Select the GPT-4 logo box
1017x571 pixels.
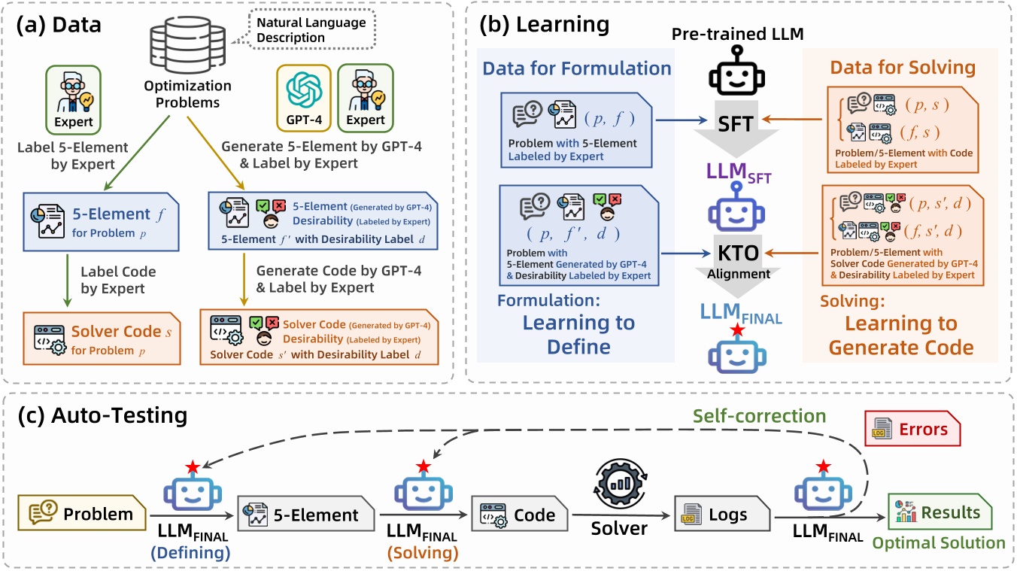point(304,96)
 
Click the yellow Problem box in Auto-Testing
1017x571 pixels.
point(84,515)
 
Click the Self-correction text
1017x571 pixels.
point(759,415)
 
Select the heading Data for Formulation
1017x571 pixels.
point(577,68)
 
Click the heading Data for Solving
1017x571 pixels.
point(902,67)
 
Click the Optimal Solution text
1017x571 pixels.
point(938,543)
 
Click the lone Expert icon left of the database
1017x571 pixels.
point(73,97)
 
